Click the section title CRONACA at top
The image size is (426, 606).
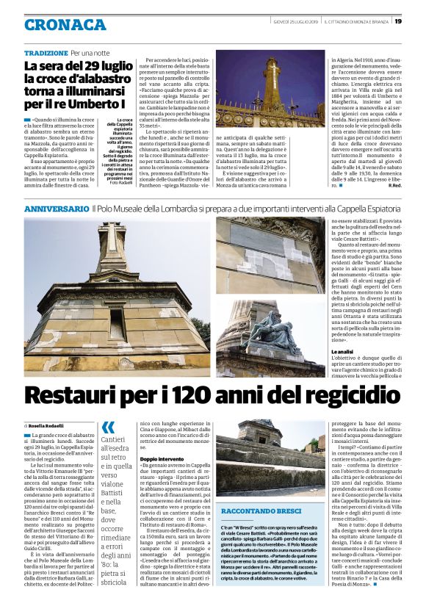65,24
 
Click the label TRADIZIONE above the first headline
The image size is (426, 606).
46,54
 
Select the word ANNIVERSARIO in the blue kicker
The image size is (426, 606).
57,209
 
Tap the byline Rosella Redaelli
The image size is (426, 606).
48,426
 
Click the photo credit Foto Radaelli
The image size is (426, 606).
120,182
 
